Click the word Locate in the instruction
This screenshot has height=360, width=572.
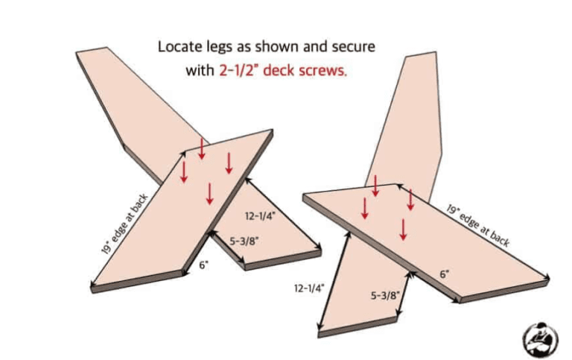(179, 47)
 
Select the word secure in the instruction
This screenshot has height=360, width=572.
(354, 47)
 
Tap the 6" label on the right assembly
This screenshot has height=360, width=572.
(444, 274)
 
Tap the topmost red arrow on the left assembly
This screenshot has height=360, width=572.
(201, 148)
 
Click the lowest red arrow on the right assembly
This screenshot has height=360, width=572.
(403, 228)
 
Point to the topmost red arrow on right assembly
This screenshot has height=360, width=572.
(376, 186)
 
